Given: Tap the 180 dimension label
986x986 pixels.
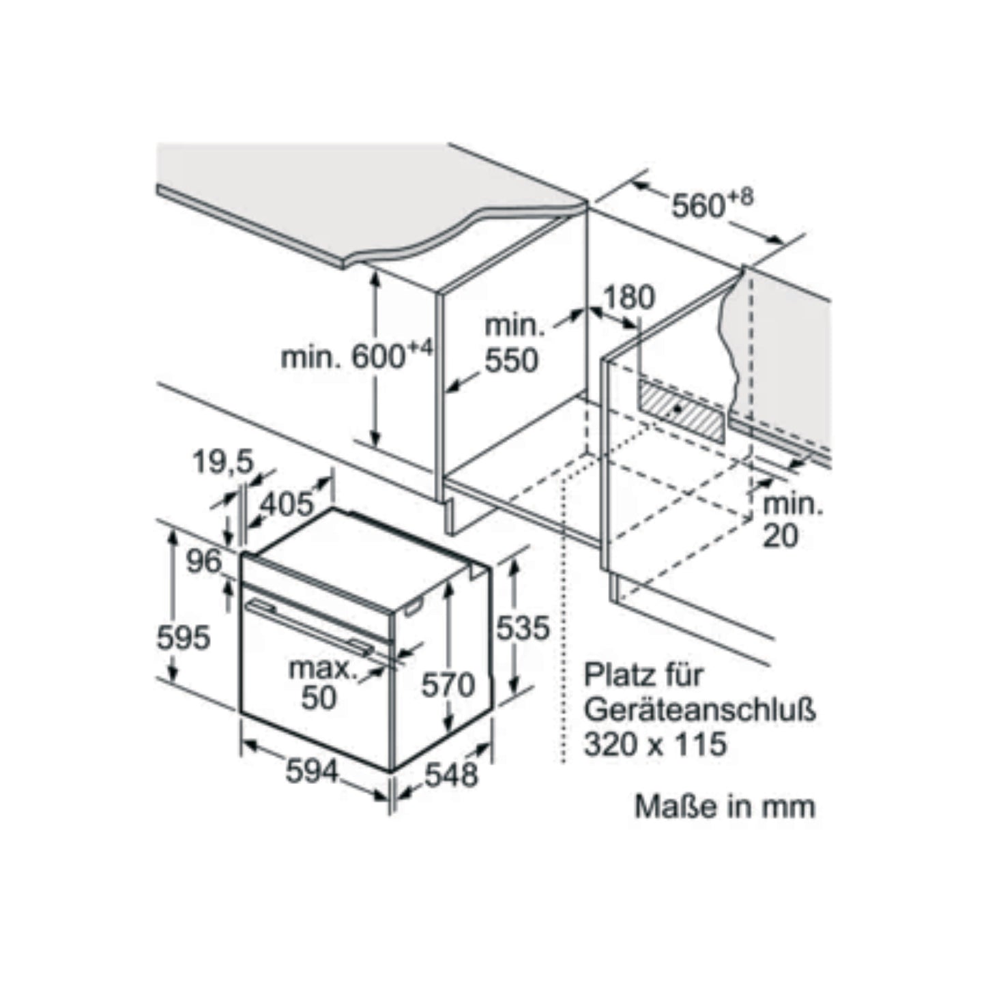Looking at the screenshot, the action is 629,297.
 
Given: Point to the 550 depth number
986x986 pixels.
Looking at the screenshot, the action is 511,360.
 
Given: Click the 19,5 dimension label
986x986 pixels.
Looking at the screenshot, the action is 223,463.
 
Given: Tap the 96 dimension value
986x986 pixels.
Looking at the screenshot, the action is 203,561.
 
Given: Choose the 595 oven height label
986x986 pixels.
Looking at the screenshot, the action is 183,638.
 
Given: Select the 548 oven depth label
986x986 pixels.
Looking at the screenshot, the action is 451,774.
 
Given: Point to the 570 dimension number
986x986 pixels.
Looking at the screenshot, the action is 448,685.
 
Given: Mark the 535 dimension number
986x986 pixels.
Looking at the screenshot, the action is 523,628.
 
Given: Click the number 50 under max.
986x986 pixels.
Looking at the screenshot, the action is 319,697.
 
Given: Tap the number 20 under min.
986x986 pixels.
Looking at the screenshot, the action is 781,536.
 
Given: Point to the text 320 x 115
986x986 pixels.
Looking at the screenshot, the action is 656,744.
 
